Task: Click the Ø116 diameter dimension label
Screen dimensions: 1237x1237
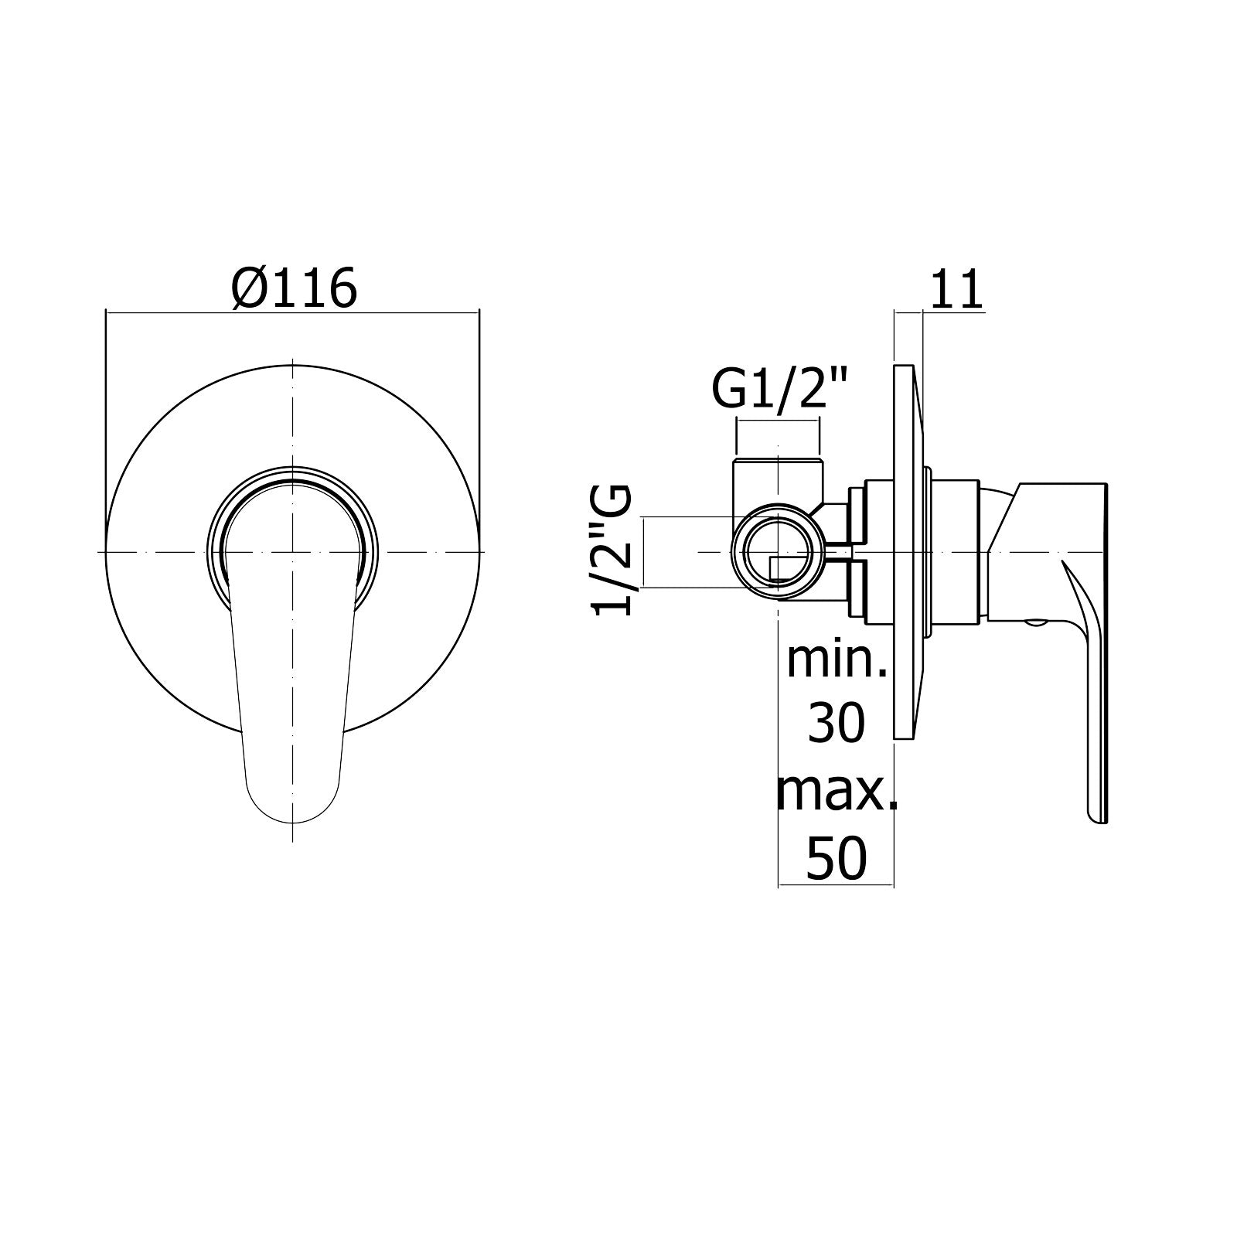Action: click(x=295, y=288)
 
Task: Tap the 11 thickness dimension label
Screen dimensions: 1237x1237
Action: click(x=955, y=290)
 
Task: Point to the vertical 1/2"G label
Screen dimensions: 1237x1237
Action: click(x=612, y=550)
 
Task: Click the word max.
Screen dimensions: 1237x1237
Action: click(x=837, y=792)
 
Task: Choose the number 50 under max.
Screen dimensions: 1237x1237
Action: click(x=837, y=858)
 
